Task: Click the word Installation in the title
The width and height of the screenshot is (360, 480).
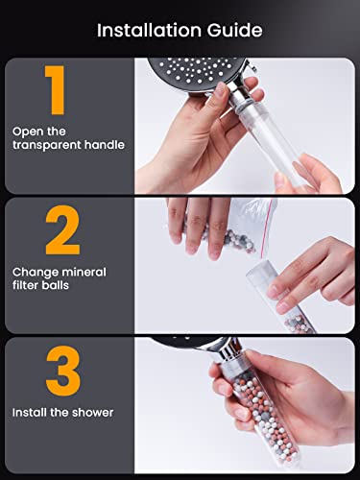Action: [x=149, y=31]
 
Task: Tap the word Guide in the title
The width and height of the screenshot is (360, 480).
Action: [x=234, y=31]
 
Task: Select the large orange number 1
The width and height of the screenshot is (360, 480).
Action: [x=56, y=90]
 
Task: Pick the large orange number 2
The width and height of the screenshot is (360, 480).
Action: [x=62, y=230]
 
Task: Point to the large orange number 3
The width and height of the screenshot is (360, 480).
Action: [x=63, y=371]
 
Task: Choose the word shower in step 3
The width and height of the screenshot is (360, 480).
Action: [x=93, y=413]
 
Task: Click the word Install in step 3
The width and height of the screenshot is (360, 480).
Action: [x=27, y=413]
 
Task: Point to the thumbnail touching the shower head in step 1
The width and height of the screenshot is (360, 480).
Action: [x=221, y=89]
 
